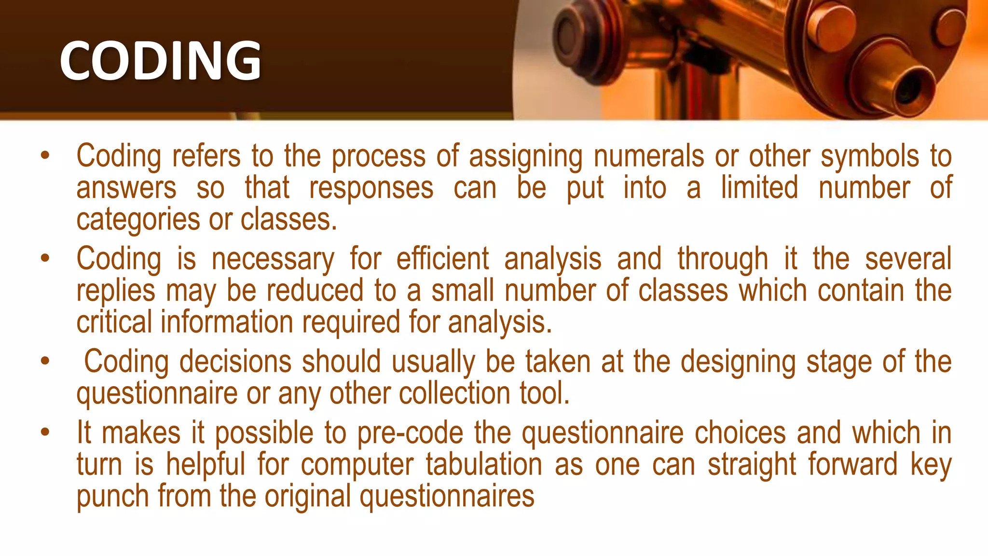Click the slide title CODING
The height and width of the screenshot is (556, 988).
(160, 60)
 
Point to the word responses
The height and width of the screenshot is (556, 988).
(371, 188)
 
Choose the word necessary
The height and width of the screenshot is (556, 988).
(273, 260)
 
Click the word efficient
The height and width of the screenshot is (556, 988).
(442, 259)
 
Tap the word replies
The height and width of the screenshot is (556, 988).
(116, 291)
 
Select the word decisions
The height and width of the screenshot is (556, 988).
(235, 361)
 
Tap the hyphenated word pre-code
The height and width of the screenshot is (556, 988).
(410, 433)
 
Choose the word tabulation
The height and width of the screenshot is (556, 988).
(484, 464)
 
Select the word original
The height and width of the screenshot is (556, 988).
(307, 497)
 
